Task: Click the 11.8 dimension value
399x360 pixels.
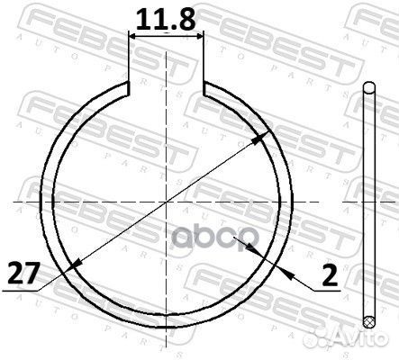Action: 168,17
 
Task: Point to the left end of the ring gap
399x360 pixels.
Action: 130,89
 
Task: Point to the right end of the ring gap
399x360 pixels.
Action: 206,89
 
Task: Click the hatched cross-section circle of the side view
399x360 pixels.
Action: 367,320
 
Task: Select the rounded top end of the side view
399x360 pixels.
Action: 367,87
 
